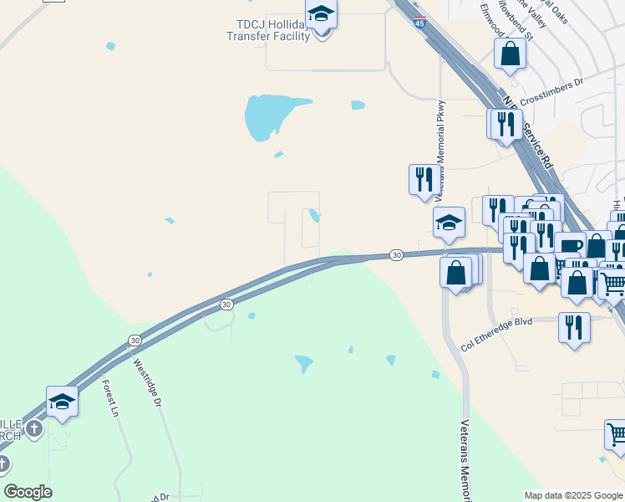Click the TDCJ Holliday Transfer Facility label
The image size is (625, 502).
267,30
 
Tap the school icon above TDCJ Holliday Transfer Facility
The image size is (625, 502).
321,15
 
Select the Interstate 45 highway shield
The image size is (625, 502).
419,22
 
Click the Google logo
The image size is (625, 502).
28,492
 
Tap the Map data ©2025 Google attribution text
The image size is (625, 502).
573,495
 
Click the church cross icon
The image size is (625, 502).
33,429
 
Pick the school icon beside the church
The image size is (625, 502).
62,402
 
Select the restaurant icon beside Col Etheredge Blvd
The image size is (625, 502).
574,326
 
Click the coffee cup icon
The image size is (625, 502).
570,246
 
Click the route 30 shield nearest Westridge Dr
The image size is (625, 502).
135,340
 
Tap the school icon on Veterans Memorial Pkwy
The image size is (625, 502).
449,223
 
